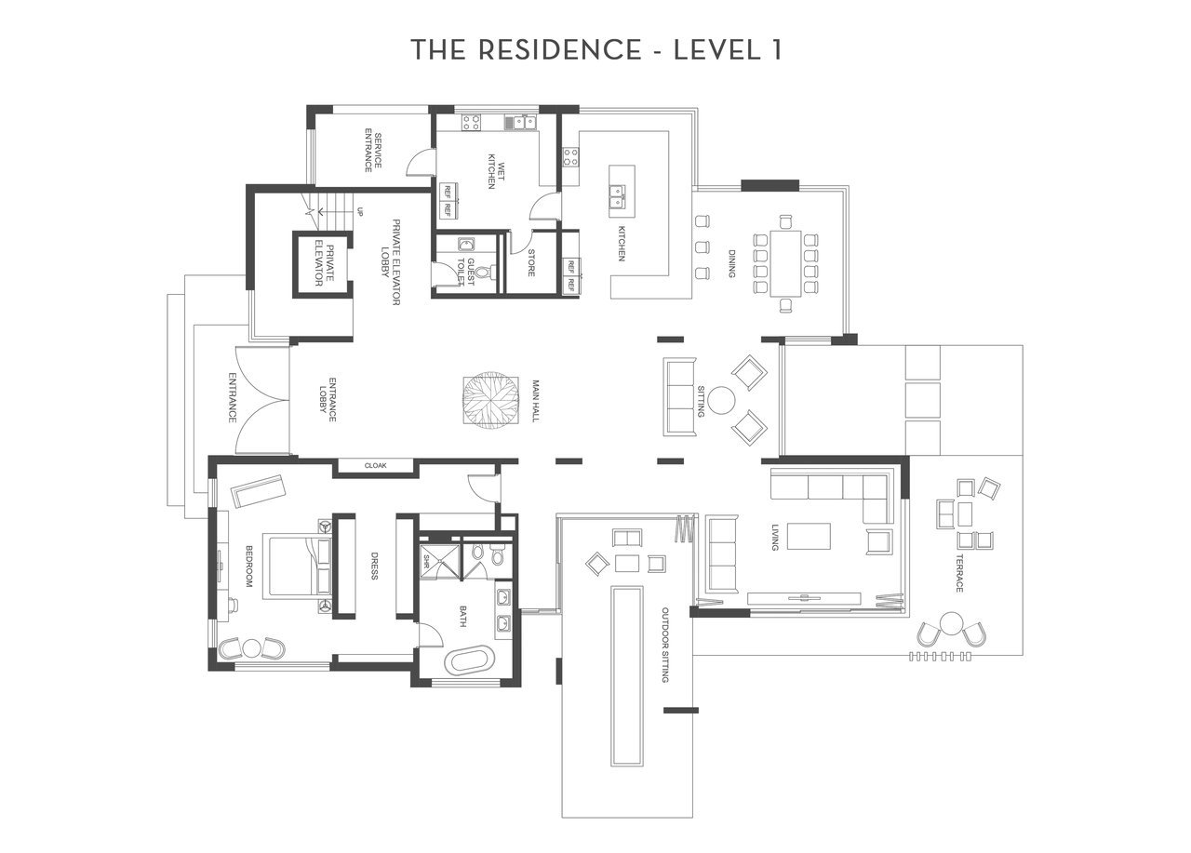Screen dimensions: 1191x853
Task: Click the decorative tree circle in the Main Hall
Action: (x=490, y=400)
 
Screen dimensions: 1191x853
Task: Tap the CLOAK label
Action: (x=375, y=465)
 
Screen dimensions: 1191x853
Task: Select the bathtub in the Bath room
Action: (x=473, y=660)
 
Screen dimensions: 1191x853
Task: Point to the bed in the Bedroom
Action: (x=301, y=567)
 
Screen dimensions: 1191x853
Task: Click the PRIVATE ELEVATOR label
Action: (x=324, y=264)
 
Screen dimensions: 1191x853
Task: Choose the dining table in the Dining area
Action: (x=785, y=263)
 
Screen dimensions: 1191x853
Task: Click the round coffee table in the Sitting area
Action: (x=721, y=400)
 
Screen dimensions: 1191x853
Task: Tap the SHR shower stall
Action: (x=439, y=561)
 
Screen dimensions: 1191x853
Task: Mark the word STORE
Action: (x=530, y=262)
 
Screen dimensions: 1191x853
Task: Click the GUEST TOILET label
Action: (x=466, y=273)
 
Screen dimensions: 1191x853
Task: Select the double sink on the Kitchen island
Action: (x=617, y=195)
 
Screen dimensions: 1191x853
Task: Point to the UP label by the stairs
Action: (x=360, y=211)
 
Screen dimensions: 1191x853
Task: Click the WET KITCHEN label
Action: (x=496, y=171)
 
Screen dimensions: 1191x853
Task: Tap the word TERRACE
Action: (x=959, y=573)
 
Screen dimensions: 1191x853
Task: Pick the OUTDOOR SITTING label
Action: (x=664, y=645)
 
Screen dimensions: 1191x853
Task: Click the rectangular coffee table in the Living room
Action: (x=809, y=536)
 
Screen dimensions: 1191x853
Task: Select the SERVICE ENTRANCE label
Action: (x=373, y=151)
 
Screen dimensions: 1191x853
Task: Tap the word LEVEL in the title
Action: (x=717, y=50)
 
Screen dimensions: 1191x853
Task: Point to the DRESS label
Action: (x=374, y=566)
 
